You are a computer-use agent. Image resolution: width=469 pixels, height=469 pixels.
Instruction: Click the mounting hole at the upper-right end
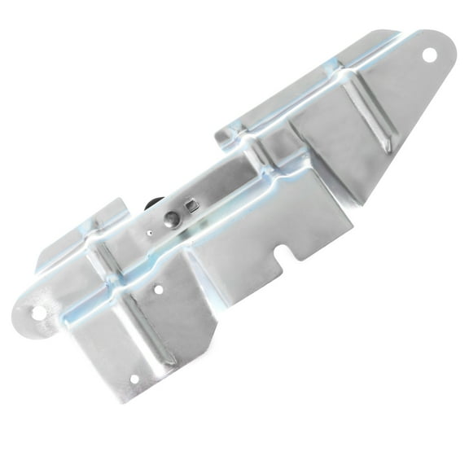tap(429, 55)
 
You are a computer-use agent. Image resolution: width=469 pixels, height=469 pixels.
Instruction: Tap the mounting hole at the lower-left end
tap(38, 313)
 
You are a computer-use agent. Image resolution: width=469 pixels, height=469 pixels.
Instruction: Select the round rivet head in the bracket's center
tap(171, 218)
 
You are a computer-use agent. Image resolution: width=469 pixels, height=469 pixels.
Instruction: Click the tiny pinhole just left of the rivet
tap(149, 232)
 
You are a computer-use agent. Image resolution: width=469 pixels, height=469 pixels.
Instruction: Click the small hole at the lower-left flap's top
tap(158, 288)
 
